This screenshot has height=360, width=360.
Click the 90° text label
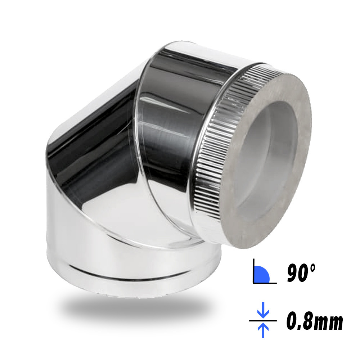(301, 273)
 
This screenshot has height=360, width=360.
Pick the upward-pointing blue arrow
(263, 330)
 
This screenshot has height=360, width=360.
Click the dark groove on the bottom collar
(129, 274)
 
